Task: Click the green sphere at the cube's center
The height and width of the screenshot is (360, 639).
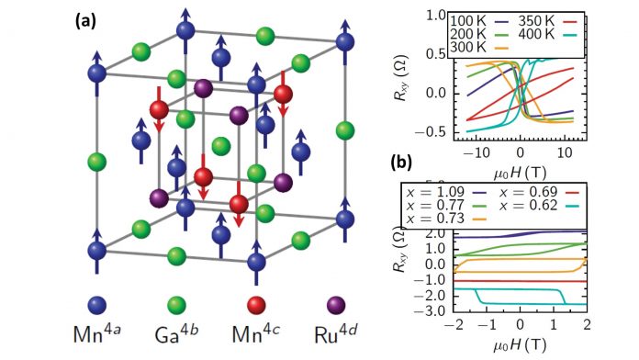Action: pos(220,146)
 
